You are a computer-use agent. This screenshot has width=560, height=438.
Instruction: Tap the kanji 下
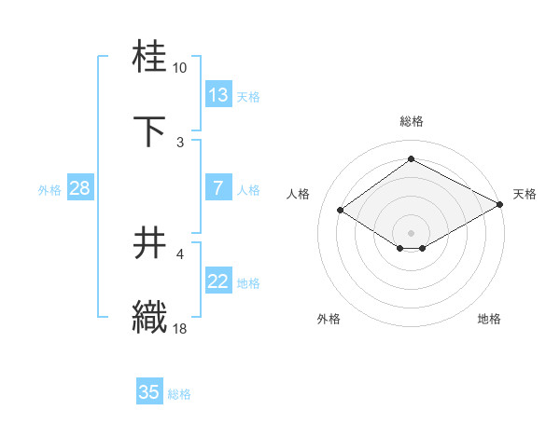pos(150,131)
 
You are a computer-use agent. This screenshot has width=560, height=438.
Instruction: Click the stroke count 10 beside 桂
pos(179,68)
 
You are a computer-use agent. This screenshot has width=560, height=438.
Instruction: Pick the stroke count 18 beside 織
pos(179,329)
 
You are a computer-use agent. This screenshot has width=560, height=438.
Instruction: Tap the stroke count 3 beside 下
pos(179,143)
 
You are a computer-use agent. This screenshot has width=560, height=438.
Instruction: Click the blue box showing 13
pos(218,95)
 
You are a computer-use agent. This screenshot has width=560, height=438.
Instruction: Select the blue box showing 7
pos(218,188)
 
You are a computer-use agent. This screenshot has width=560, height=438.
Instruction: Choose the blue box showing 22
pos(218,281)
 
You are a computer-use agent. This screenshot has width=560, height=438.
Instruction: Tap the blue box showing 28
pos(80,188)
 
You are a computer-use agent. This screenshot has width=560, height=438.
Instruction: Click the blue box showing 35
pos(149,392)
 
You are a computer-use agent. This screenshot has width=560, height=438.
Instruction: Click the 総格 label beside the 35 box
pos(179,394)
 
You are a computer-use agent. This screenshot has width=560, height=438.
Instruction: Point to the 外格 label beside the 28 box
pos(49,190)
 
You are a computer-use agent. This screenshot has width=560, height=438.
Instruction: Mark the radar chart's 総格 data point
pos(411,158)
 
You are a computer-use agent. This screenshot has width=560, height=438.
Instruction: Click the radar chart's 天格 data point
pos(501,206)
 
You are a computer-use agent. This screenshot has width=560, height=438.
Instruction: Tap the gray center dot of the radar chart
pos(411,232)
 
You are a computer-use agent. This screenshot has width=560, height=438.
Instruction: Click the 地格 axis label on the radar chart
pos(489,319)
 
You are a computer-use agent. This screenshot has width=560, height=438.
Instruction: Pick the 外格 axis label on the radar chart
pos(329,319)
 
